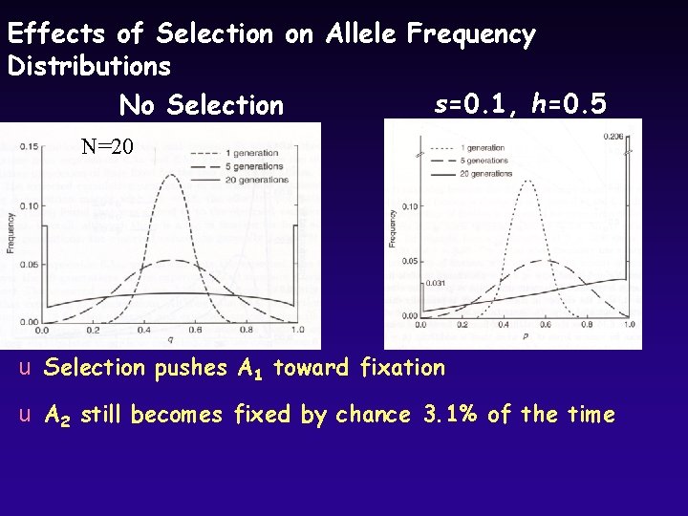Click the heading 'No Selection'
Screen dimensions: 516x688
(x=201, y=104)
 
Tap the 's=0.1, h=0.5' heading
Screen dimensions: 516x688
(x=520, y=103)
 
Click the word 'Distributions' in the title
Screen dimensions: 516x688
(x=89, y=67)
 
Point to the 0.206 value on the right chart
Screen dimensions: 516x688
(x=613, y=137)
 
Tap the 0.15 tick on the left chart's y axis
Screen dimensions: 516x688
(x=29, y=146)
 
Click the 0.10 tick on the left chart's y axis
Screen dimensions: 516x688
(x=29, y=205)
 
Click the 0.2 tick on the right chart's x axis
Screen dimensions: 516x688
(x=462, y=325)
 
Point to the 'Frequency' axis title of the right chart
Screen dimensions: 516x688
(x=393, y=228)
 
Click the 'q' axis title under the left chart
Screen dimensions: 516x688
(x=170, y=339)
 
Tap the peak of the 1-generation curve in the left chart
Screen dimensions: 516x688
(x=170, y=175)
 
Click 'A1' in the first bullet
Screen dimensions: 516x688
(x=248, y=368)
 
